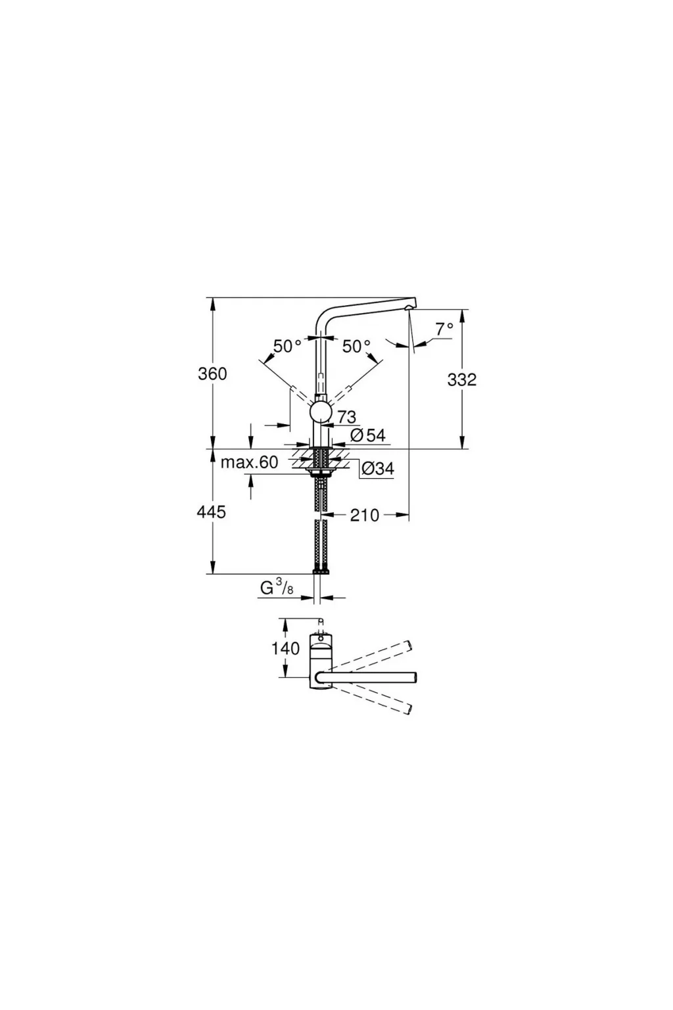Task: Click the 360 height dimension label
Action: (212, 373)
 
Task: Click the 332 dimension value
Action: (461, 379)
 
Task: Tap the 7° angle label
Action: (444, 329)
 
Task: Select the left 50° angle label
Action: (287, 347)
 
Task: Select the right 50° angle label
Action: (356, 347)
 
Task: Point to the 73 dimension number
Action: (346, 417)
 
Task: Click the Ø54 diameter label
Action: (368, 435)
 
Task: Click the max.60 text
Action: (249, 462)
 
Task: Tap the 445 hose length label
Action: (212, 512)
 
